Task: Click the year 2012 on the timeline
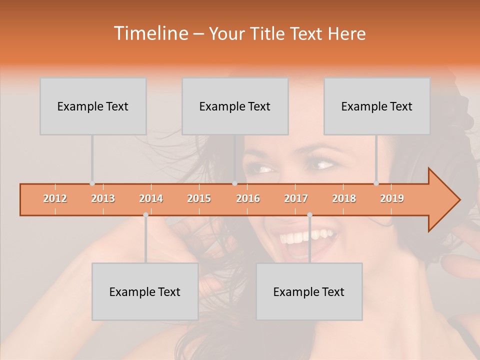point(55,198)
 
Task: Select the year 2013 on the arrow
point(103,198)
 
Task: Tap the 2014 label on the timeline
point(151,198)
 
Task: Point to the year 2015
point(199,198)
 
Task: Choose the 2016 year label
point(248,198)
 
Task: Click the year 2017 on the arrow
point(296,198)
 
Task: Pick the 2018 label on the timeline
point(344,198)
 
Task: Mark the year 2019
point(392,198)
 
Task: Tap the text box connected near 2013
point(93,106)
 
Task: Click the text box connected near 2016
point(235,106)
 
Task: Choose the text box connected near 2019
point(377,106)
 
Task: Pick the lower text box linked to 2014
point(145,291)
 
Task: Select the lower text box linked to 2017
point(309,291)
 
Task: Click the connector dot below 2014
point(145,215)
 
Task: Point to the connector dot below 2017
point(309,215)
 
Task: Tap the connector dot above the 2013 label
point(92,183)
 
